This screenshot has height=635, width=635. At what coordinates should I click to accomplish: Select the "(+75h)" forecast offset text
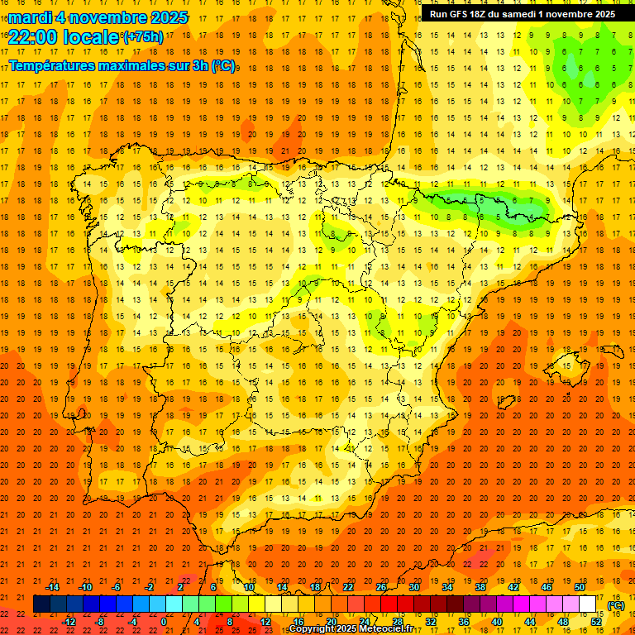click(x=142, y=37)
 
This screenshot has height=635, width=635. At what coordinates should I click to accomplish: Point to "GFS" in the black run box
click(x=461, y=14)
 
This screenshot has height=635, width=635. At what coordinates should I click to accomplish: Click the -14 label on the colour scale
click(x=52, y=586)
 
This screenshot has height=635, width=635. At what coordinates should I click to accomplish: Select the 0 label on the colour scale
click(x=164, y=621)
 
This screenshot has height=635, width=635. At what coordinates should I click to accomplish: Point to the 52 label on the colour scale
click(x=596, y=621)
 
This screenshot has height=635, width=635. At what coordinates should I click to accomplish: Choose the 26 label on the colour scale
click(x=381, y=586)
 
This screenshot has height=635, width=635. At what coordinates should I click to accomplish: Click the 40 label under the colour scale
click(x=497, y=621)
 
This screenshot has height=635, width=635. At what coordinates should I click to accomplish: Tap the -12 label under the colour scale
click(x=69, y=621)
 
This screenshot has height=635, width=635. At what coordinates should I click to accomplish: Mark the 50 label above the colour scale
click(x=580, y=586)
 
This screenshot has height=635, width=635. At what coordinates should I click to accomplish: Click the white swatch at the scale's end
click(x=588, y=604)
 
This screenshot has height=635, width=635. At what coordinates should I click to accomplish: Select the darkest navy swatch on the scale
click(x=41, y=604)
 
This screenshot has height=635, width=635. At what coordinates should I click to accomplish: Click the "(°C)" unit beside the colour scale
click(x=615, y=605)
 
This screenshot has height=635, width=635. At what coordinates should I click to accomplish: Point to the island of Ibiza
click(x=504, y=401)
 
